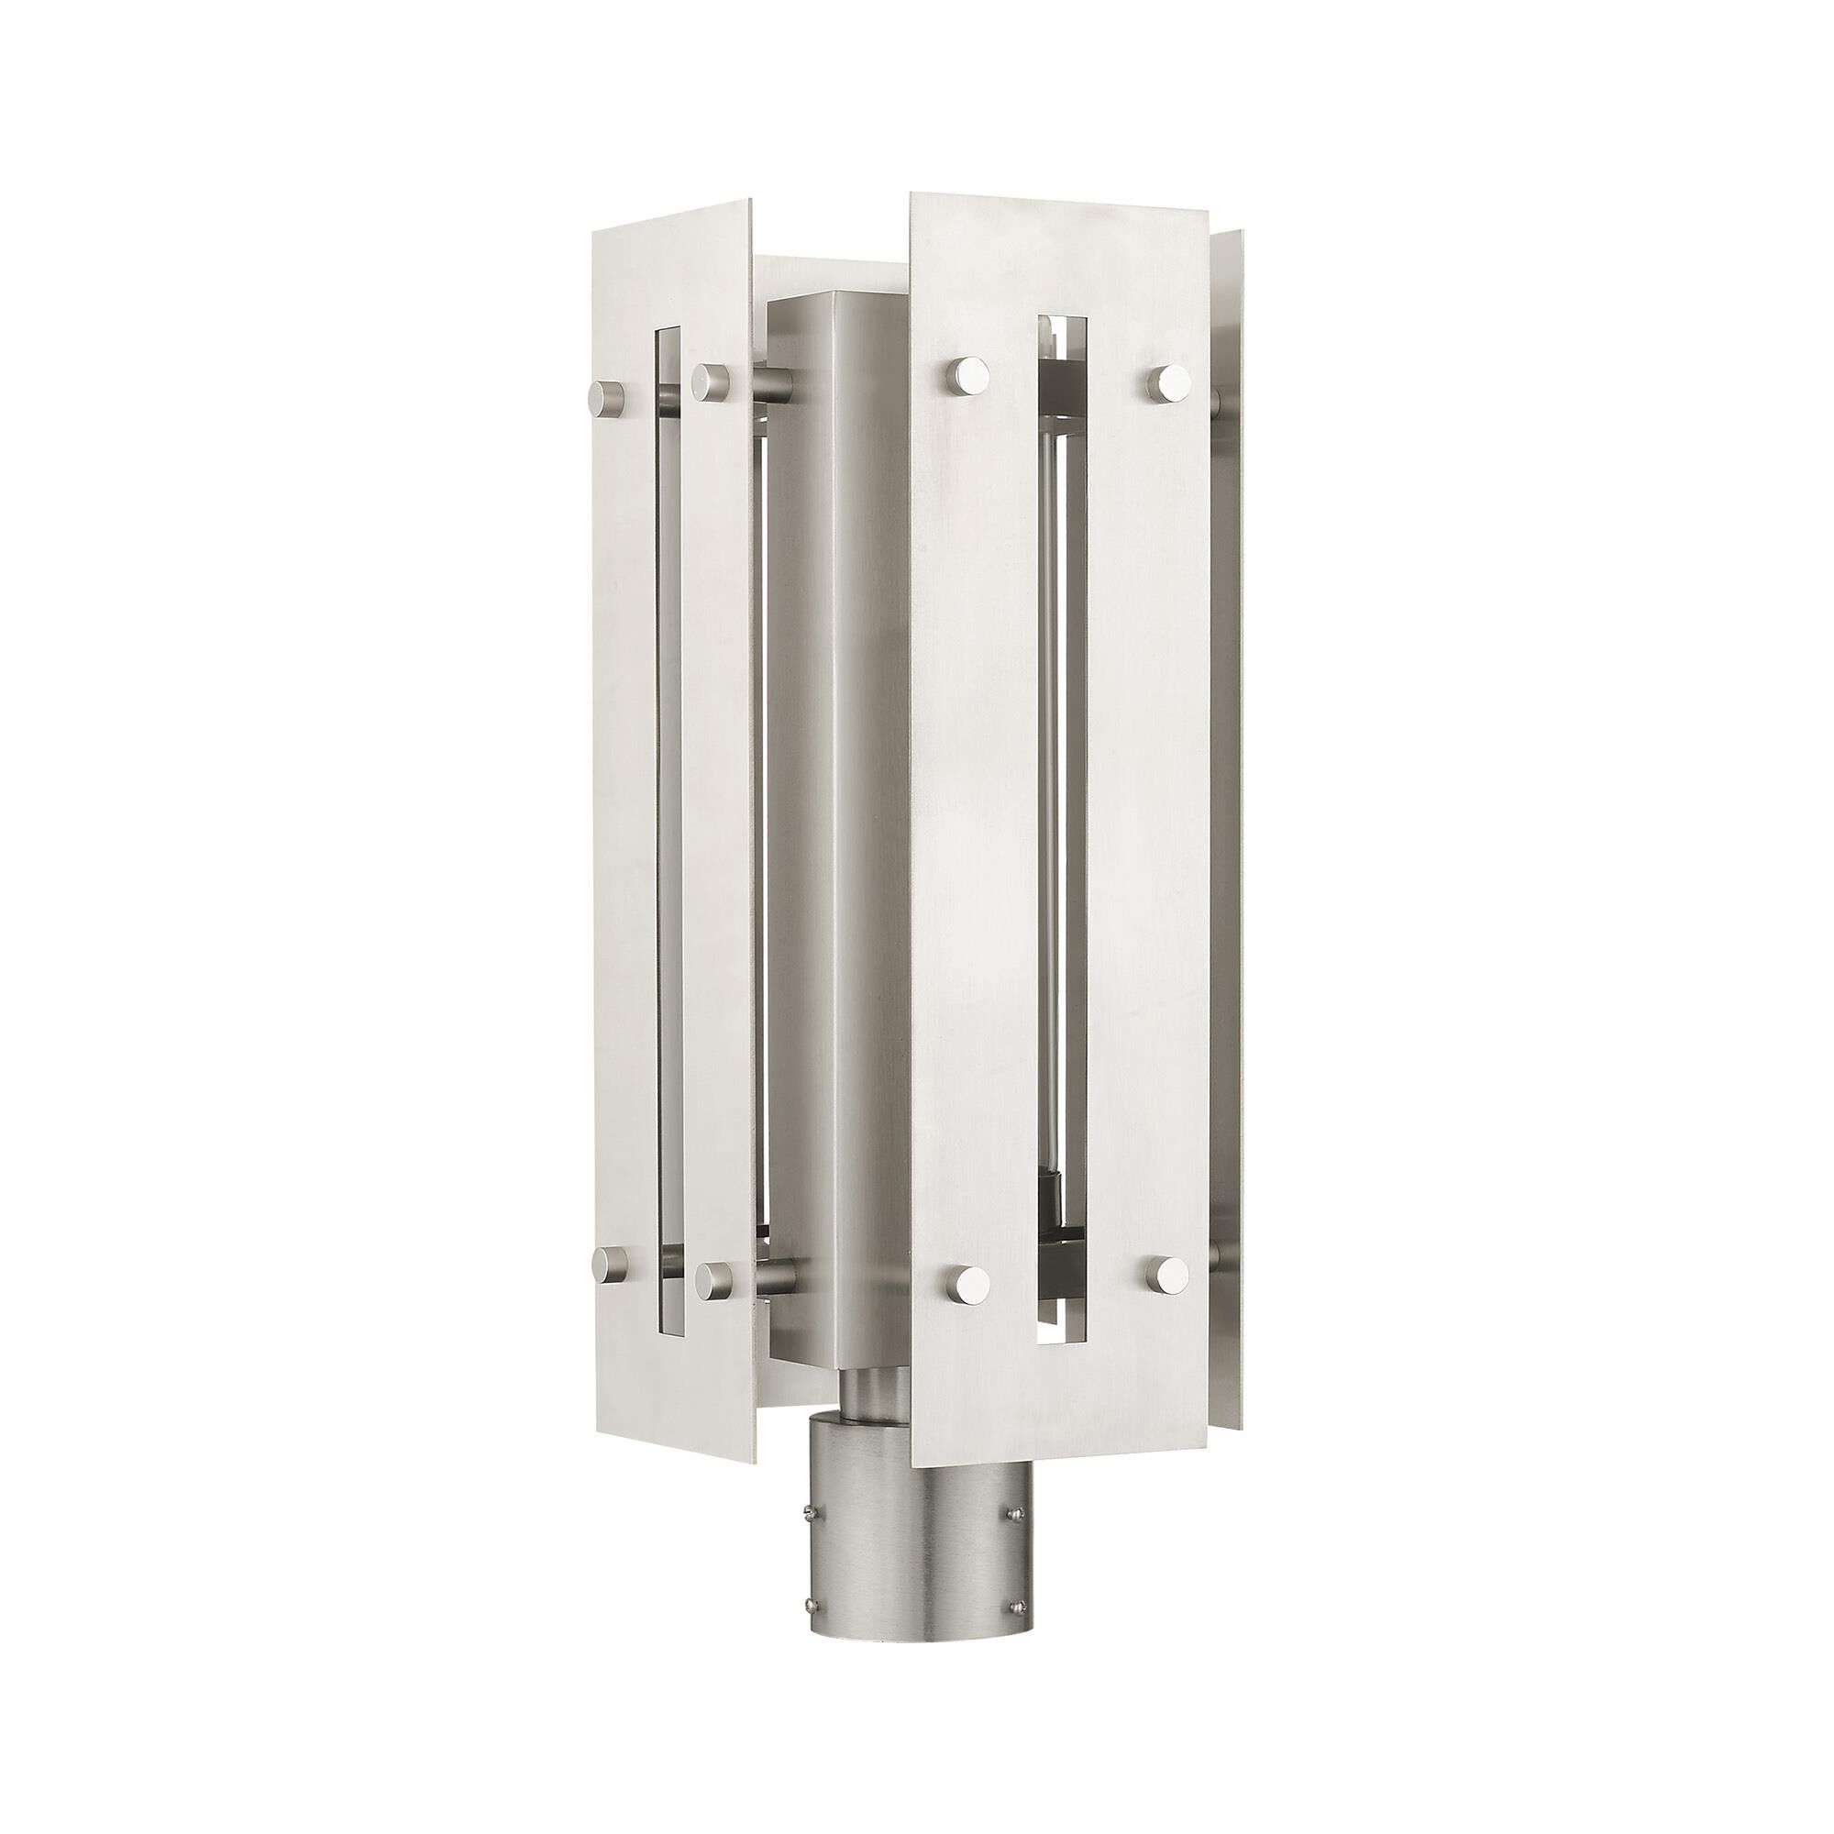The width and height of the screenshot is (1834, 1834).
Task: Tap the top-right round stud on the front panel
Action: tap(1169, 381)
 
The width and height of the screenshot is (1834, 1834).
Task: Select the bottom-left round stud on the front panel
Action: tap(967, 1284)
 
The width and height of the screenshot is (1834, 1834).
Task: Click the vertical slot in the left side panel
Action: tap(668, 826)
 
